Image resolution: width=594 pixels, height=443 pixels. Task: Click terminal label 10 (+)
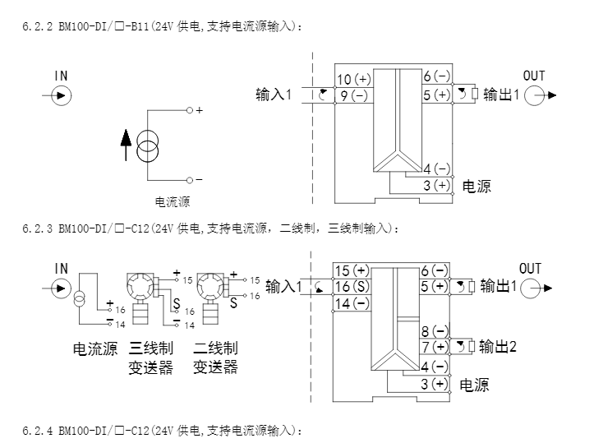(354, 79)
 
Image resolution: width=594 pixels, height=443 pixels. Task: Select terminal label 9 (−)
(354, 95)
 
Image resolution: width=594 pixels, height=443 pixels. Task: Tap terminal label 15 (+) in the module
(354, 270)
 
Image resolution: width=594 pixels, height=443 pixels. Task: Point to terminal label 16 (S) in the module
(354, 287)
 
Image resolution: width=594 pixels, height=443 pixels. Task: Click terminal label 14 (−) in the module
(354, 303)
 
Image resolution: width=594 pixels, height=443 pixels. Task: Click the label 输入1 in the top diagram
(274, 95)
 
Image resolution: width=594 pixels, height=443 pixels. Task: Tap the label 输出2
(499, 346)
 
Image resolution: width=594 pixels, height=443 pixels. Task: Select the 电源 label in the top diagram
(477, 187)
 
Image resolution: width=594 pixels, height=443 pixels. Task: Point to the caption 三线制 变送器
(150, 358)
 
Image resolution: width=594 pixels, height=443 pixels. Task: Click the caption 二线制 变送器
(215, 358)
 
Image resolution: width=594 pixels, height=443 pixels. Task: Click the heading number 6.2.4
(37, 431)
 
